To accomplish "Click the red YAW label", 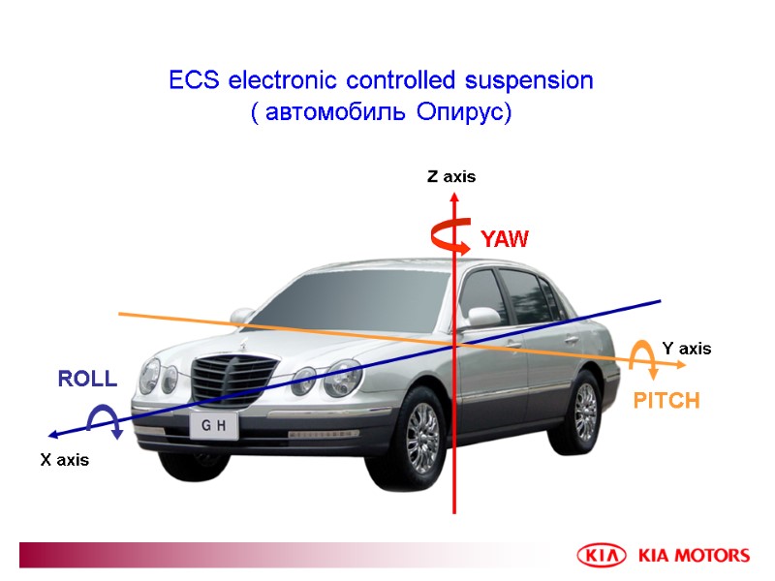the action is tap(505, 239).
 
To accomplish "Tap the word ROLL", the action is tap(87, 379).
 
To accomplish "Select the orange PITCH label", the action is tap(666, 401).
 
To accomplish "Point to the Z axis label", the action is tap(451, 177).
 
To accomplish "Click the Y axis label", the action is tap(686, 349).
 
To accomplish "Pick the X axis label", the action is tap(64, 460).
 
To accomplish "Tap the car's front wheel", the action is tap(422, 437).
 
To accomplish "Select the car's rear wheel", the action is tap(585, 412).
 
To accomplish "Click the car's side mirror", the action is tap(482, 318).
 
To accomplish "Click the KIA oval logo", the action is tap(602, 556).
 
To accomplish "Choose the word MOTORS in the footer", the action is tap(714, 556).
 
